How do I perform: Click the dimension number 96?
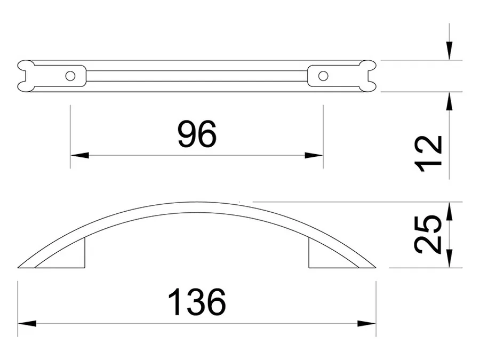[197, 134]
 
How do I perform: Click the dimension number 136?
[197, 302]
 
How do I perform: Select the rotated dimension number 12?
[428, 154]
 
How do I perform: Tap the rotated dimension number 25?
[428, 235]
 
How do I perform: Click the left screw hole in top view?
[70, 76]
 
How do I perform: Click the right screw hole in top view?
[323, 76]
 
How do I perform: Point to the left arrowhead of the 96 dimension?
[79, 155]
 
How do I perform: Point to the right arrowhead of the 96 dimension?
[314, 155]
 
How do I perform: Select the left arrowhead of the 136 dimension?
[27, 324]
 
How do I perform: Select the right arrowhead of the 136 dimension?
[367, 324]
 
